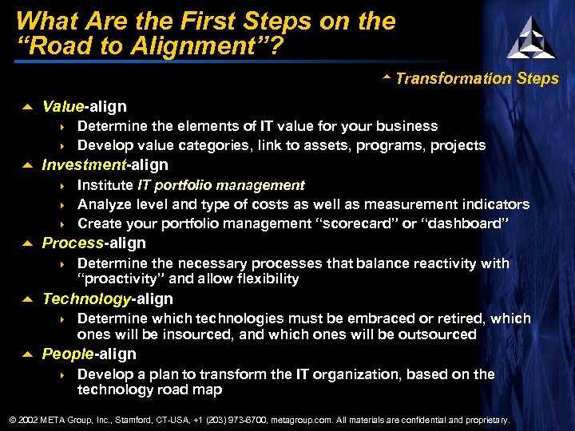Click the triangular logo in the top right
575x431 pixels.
pos(531,37)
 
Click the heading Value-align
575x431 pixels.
pos(84,106)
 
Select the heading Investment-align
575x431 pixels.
pos(105,165)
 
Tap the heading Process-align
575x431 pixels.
pos(93,243)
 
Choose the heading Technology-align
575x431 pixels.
pos(107,299)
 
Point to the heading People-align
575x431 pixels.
pos(89,354)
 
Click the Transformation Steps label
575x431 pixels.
pos(476,78)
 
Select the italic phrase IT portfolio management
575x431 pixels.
pos(221,185)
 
